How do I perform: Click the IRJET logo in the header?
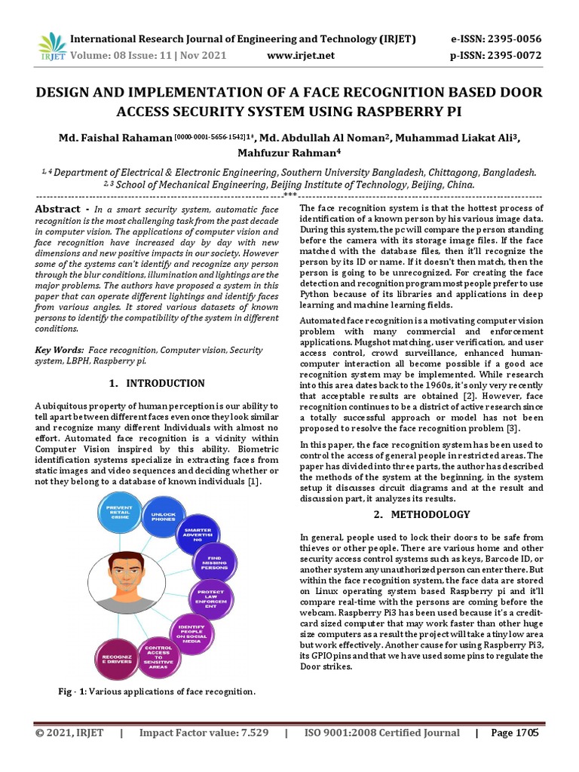[x=51, y=47]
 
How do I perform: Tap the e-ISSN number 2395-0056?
[x=511, y=39]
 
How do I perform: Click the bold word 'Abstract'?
[x=58, y=209]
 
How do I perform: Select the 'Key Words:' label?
[x=60, y=351]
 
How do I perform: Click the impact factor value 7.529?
[x=252, y=732]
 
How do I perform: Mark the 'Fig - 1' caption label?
[x=72, y=691]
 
